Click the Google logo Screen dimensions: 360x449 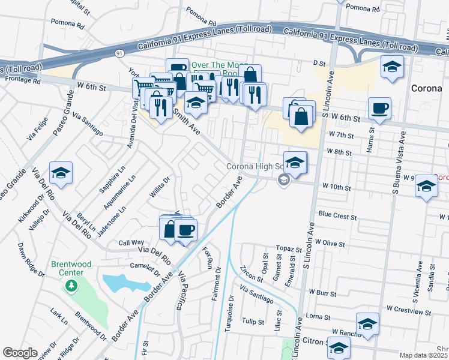pos(20,352)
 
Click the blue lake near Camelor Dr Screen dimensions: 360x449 pos(123,283)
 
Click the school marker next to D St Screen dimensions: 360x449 pos(391,68)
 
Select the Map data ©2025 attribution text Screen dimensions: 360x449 pos(423,355)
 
